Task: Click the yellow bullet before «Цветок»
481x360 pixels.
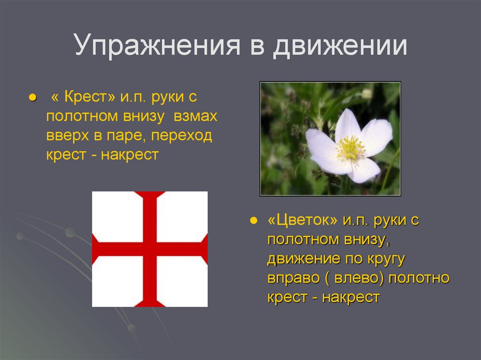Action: coord(254,221)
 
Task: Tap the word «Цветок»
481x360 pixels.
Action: coord(303,221)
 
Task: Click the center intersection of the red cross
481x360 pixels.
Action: coord(150,249)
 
